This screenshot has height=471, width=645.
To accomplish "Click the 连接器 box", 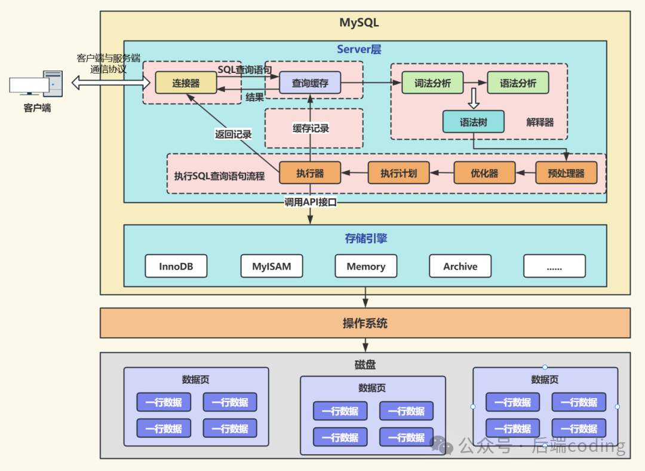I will pos(186,83).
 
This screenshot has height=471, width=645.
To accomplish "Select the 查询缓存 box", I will pos(310,83).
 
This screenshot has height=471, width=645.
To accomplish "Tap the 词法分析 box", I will pos(432,83).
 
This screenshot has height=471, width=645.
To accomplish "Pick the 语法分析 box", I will pos(518,83).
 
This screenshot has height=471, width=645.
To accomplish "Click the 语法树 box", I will pos(473,122).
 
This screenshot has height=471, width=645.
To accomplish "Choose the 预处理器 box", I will pos(566,173).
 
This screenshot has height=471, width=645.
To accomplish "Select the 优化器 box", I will pos(484,173).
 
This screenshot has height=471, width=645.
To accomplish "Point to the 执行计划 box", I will pos(398,173).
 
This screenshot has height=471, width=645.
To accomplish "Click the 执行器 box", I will pos(310,173).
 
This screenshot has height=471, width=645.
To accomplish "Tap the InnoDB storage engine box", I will pos(176,267).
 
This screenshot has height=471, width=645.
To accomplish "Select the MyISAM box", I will pos(271,267).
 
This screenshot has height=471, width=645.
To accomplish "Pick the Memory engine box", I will pos(365,267).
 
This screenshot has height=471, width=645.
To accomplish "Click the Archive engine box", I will pos(460,267).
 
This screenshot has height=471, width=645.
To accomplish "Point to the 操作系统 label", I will pos(365,323).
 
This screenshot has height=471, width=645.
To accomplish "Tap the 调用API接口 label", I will pos(311,203).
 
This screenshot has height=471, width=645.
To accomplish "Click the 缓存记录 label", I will pos(311,129).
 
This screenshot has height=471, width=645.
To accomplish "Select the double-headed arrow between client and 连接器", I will pos(107,83).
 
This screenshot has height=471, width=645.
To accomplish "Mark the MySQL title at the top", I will pos(359,23).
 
